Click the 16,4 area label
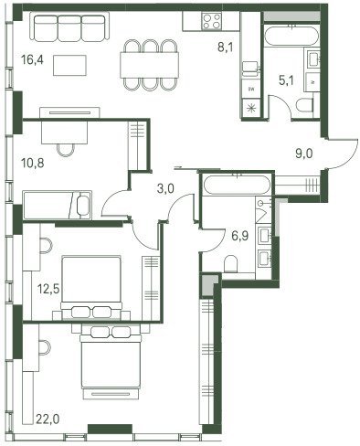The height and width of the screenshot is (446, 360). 32,60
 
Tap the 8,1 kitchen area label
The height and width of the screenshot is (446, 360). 226,48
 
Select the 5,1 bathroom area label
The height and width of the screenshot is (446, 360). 286,80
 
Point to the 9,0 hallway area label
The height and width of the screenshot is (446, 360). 304,154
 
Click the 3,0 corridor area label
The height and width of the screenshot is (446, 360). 165,189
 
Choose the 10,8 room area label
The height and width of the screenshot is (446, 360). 33,163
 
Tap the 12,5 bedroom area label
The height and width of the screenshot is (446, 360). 48,288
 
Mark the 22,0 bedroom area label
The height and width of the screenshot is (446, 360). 48,419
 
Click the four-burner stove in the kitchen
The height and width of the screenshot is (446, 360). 211,21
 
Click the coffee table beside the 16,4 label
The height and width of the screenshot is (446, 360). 69,65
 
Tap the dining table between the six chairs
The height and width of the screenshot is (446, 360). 149,65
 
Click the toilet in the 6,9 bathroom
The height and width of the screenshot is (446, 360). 230,263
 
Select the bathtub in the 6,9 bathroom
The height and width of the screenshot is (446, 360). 237,185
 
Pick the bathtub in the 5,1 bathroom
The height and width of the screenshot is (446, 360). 291,36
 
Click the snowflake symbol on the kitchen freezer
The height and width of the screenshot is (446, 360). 251,108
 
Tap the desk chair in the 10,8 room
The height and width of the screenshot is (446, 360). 66,150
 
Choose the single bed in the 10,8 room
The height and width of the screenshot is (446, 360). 57,205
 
